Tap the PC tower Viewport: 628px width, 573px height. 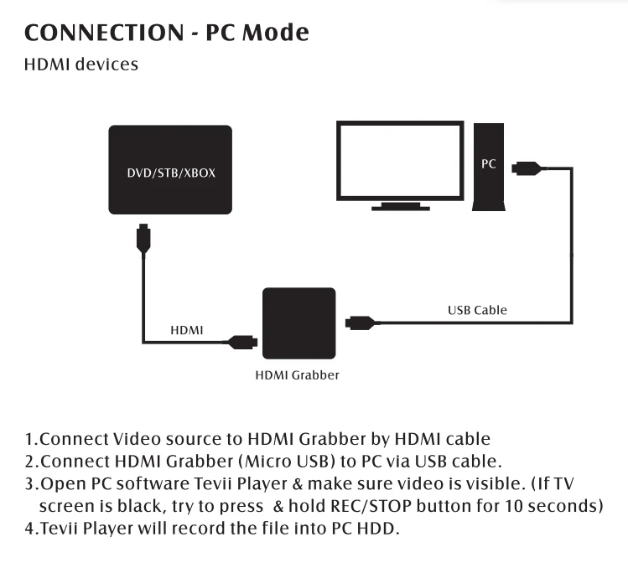(x=489, y=168)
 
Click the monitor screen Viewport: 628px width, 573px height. (x=400, y=159)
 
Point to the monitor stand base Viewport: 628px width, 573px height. (x=401, y=205)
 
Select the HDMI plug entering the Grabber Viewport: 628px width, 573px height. (x=243, y=341)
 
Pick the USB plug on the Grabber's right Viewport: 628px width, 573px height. (x=361, y=322)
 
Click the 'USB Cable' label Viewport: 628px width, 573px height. (x=477, y=310)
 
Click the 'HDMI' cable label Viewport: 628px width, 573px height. (x=187, y=331)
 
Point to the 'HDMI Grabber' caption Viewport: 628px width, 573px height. (x=298, y=375)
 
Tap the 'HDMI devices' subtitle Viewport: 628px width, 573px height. (x=81, y=65)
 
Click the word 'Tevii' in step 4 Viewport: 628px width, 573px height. (x=60, y=530)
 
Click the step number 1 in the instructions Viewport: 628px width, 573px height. (x=29, y=439)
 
